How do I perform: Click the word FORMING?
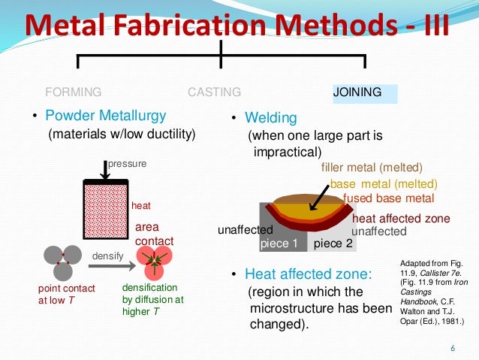pos(74,92)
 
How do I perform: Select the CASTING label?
pos(214,92)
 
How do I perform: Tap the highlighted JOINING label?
pos(357,92)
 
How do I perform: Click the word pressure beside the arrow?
pos(128,162)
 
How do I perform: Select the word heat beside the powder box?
pos(141,205)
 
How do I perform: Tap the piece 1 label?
pos(279,244)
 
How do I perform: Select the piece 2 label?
pos(332,244)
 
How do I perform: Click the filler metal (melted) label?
pos(372,168)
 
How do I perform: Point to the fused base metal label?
pos(388,198)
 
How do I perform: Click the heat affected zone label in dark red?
pos(401,219)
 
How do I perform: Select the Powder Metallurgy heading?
pos(106,116)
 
